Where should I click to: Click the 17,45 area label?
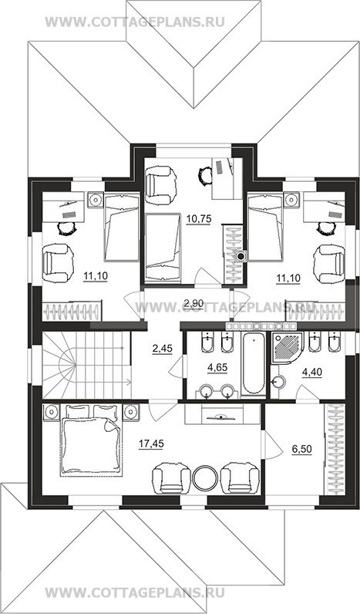[x=151, y=444]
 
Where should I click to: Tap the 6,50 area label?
[x=301, y=449]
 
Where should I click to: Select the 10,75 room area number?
[x=199, y=219]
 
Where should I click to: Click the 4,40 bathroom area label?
[x=312, y=373]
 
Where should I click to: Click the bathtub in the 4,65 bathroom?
[x=253, y=363]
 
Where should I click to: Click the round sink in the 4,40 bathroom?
[x=279, y=381]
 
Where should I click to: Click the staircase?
[x=86, y=365]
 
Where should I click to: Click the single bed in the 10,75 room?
[x=163, y=247]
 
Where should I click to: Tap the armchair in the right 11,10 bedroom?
[x=330, y=263]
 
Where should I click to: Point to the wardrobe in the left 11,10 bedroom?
[x=72, y=312]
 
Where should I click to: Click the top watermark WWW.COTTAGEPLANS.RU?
[x=135, y=21]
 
